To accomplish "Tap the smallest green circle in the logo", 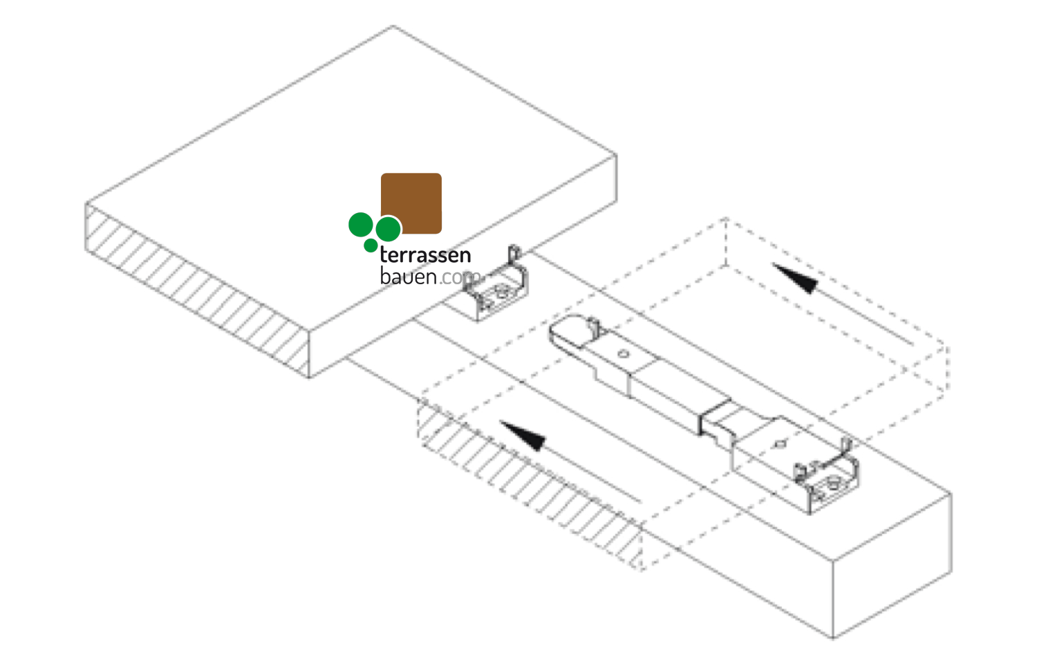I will (371, 246).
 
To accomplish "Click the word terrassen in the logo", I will (425, 255).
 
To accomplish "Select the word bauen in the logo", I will (408, 277).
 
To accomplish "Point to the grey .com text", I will (458, 278).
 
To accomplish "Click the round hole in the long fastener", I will (623, 354).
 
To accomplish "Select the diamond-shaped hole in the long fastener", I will (780, 444).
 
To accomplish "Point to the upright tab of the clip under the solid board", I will (513, 255).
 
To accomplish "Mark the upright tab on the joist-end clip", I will (845, 446).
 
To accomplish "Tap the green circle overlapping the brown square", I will (388, 229).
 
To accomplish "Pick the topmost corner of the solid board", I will (393, 27).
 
